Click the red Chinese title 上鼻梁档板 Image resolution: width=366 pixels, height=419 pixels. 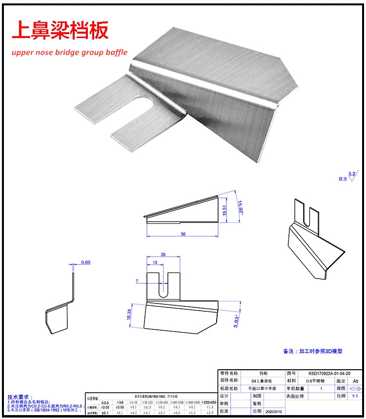pyautogui.click(x=60, y=30)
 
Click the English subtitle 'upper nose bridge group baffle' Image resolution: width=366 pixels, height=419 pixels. pyautogui.click(x=70, y=52)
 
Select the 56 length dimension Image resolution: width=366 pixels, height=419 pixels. pyautogui.click(x=183, y=234)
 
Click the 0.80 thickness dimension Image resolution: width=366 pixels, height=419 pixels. pyautogui.click(x=85, y=262)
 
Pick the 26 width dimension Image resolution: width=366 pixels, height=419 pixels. pyautogui.click(x=163, y=255)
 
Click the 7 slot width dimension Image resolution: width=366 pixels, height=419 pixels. pyautogui.click(x=138, y=281)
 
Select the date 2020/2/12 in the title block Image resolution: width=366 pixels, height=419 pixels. pyautogui.click(x=273, y=412)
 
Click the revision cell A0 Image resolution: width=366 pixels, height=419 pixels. pyautogui.click(x=355, y=380)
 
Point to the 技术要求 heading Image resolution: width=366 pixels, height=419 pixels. pyautogui.click(x=20, y=397)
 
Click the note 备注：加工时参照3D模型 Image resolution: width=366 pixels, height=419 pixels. pyautogui.click(x=312, y=351)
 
